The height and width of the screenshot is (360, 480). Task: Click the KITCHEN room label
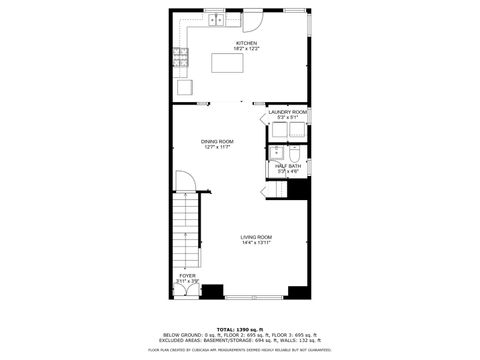pyautogui.click(x=246, y=43)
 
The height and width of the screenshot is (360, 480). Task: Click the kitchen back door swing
pyautogui.click(x=254, y=23)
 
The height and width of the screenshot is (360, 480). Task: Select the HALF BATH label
pyautogui.click(x=288, y=166)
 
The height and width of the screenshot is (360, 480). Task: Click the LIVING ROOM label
pyautogui.click(x=256, y=236)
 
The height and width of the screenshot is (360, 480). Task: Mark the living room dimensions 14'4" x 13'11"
pyautogui.click(x=256, y=242)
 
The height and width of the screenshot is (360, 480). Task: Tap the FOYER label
pyautogui.click(x=187, y=275)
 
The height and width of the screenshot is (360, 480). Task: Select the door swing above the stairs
pyautogui.click(x=185, y=182)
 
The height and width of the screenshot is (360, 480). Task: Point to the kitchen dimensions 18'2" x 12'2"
pyautogui.click(x=246, y=49)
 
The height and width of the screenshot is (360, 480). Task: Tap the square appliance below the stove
pyautogui.click(x=184, y=87)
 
